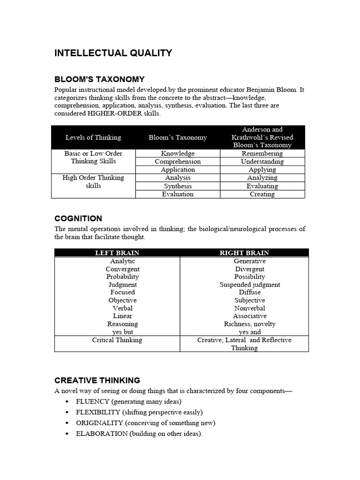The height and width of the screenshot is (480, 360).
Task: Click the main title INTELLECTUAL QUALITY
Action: (x=113, y=53)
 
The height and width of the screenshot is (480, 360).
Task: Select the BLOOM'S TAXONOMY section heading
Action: (x=99, y=79)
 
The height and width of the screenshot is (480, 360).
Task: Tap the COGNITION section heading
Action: (x=78, y=218)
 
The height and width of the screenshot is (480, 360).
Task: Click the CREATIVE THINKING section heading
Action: (x=97, y=380)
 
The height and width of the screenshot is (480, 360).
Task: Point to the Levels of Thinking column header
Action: (x=93, y=137)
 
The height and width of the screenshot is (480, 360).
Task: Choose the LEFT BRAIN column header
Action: (x=117, y=253)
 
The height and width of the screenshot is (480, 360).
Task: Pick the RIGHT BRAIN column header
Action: (x=244, y=253)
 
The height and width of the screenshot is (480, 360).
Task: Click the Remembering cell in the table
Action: (x=262, y=153)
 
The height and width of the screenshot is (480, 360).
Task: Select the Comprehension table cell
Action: (x=178, y=162)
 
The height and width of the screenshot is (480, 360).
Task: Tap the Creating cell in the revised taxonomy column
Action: (x=262, y=194)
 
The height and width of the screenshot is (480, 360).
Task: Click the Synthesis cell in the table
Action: (x=178, y=186)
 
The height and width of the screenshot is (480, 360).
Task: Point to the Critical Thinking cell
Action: (x=117, y=340)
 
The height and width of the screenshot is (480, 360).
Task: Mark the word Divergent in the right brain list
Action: (x=249, y=269)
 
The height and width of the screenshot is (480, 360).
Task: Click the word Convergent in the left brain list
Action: (x=122, y=269)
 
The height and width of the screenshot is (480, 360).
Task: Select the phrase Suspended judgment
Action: (x=249, y=285)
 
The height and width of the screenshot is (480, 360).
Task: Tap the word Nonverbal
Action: (x=249, y=308)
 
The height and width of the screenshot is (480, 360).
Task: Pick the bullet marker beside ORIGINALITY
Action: (x=67, y=423)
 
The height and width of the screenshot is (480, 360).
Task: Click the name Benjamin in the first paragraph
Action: (x=261, y=90)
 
